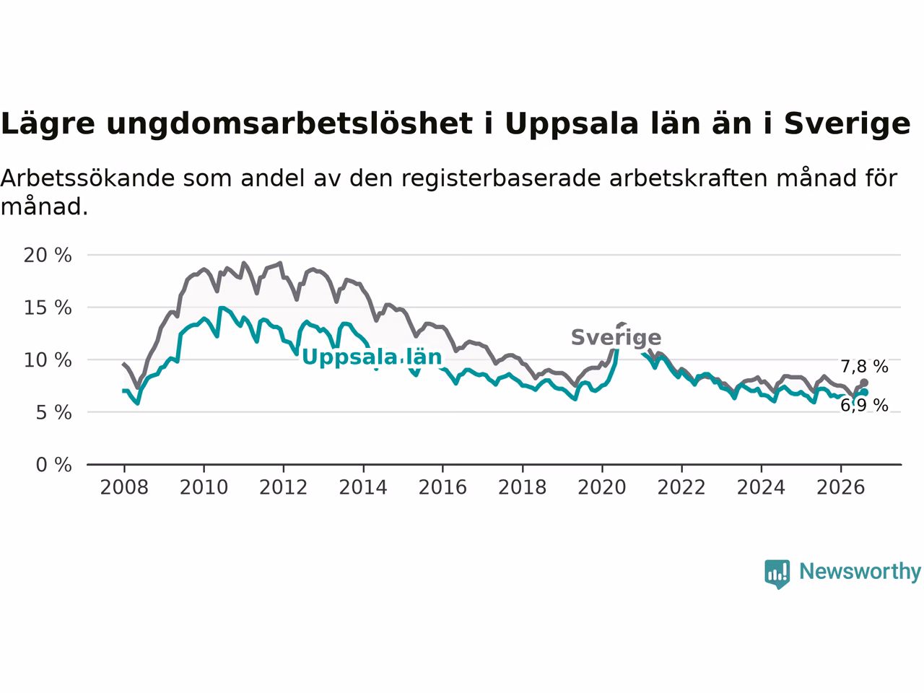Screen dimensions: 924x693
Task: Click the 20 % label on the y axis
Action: pyautogui.click(x=48, y=255)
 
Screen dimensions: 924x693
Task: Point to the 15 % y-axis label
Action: pyautogui.click(x=48, y=308)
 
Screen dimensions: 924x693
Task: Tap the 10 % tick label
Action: pyautogui.click(x=48, y=360)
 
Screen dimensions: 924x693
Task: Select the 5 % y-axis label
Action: pyautogui.click(x=53, y=413)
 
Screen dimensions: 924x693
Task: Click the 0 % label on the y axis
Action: pyautogui.click(x=53, y=465)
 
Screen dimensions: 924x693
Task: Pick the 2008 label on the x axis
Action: pyautogui.click(x=124, y=487)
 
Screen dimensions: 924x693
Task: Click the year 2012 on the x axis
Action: pyautogui.click(x=283, y=487)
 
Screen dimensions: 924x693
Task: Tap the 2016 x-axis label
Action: pyautogui.click(x=443, y=487)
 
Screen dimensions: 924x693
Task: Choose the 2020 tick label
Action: pyautogui.click(x=601, y=487)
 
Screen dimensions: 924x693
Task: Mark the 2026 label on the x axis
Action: pyautogui.click(x=841, y=487)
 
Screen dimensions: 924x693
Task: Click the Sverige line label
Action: pyautogui.click(x=616, y=337)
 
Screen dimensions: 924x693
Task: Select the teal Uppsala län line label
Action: pyautogui.click(x=372, y=357)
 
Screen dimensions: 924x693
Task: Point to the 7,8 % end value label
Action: pyautogui.click(x=864, y=367)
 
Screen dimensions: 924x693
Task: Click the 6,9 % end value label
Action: pyautogui.click(x=864, y=405)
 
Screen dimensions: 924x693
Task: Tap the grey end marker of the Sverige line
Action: pyautogui.click(x=864, y=383)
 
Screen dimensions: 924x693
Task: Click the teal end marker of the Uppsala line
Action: pyautogui.click(x=864, y=392)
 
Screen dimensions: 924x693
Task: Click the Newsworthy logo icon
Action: pyautogui.click(x=777, y=574)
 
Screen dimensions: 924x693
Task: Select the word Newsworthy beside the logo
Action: pyautogui.click(x=860, y=571)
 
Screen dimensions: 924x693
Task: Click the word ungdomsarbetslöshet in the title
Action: pyautogui.click(x=289, y=124)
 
